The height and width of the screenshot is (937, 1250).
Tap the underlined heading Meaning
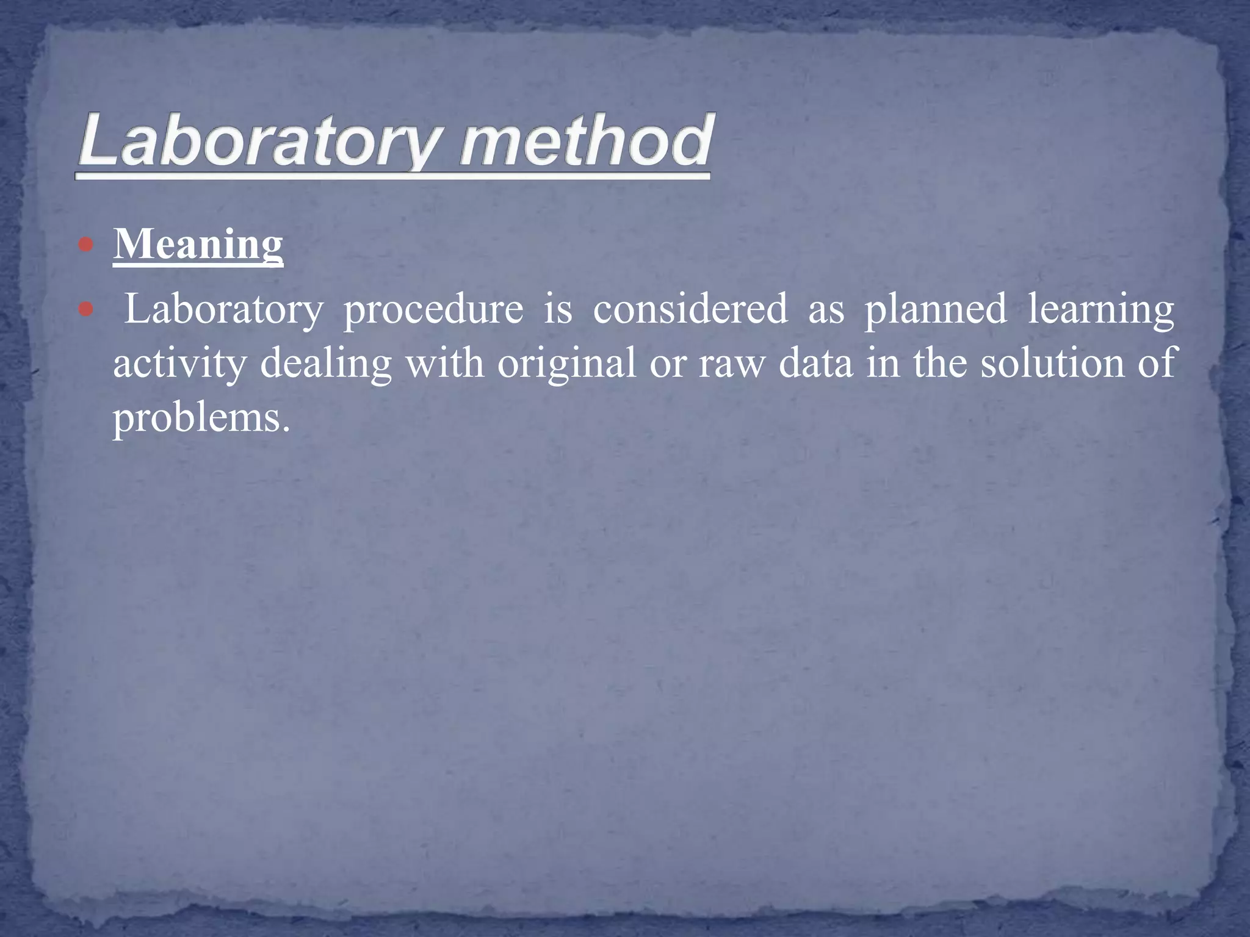(x=198, y=244)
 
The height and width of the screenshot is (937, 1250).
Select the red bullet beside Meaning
(x=86, y=245)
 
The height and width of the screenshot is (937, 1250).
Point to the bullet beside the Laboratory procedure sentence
(x=86, y=309)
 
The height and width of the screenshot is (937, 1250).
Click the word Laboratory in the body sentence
(x=223, y=309)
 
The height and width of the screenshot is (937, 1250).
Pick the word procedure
(x=433, y=309)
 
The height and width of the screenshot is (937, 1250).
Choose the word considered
(x=690, y=309)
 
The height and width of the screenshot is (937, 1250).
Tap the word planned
(x=935, y=309)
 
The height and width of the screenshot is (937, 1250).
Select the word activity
(x=179, y=364)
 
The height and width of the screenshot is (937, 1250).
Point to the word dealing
(x=326, y=364)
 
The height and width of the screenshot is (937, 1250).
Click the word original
(x=566, y=364)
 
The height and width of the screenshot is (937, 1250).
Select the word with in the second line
(x=444, y=364)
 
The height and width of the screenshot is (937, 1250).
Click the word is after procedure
(x=558, y=309)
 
